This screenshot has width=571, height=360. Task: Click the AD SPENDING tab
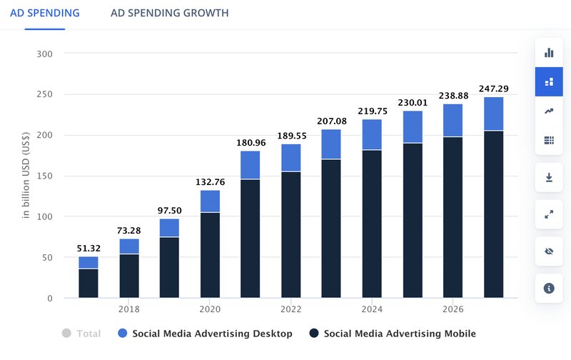45,13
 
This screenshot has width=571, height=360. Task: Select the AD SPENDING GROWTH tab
170,13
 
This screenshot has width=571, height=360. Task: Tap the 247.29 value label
493,88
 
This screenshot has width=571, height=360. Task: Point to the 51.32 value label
89,248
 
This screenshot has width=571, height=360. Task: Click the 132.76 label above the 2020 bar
210,181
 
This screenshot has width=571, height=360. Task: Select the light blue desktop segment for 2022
290,158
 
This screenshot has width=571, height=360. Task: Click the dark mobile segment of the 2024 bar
372,224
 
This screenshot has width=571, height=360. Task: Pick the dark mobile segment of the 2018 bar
129,276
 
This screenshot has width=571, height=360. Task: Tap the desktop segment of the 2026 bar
453,121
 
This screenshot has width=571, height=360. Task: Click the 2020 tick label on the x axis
210,310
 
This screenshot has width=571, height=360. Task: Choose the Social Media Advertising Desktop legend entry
204,334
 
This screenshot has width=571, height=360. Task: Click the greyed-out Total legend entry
81,334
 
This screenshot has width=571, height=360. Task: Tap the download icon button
549,177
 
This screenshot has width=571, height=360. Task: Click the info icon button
549,289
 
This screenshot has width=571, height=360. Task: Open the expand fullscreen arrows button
549,214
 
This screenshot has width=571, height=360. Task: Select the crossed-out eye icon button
549,251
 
